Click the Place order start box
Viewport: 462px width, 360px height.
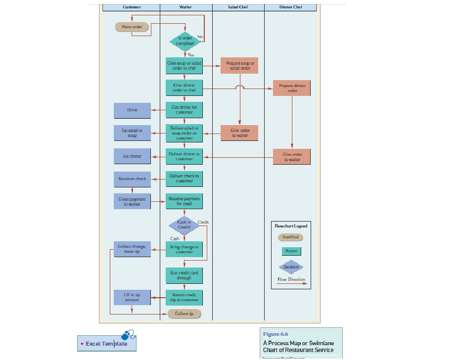click(x=132, y=27)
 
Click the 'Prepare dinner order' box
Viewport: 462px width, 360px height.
click(x=292, y=88)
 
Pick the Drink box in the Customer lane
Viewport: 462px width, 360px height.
click(x=132, y=110)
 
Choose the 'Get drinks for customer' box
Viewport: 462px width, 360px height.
click(x=184, y=109)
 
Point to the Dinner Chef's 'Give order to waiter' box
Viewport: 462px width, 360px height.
click(x=292, y=157)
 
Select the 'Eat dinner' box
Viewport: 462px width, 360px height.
click(x=132, y=156)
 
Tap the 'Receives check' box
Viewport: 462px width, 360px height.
click(x=132, y=179)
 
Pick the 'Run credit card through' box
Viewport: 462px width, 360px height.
click(x=184, y=275)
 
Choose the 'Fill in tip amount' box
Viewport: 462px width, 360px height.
click(x=132, y=297)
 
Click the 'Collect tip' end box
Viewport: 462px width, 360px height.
click(x=184, y=314)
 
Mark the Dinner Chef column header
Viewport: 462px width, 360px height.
click(x=290, y=7)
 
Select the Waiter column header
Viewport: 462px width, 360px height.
click(x=185, y=7)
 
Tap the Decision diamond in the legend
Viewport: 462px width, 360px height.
click(x=291, y=267)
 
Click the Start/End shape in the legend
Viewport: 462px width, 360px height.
click(x=291, y=237)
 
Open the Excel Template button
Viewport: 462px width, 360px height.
click(x=106, y=343)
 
